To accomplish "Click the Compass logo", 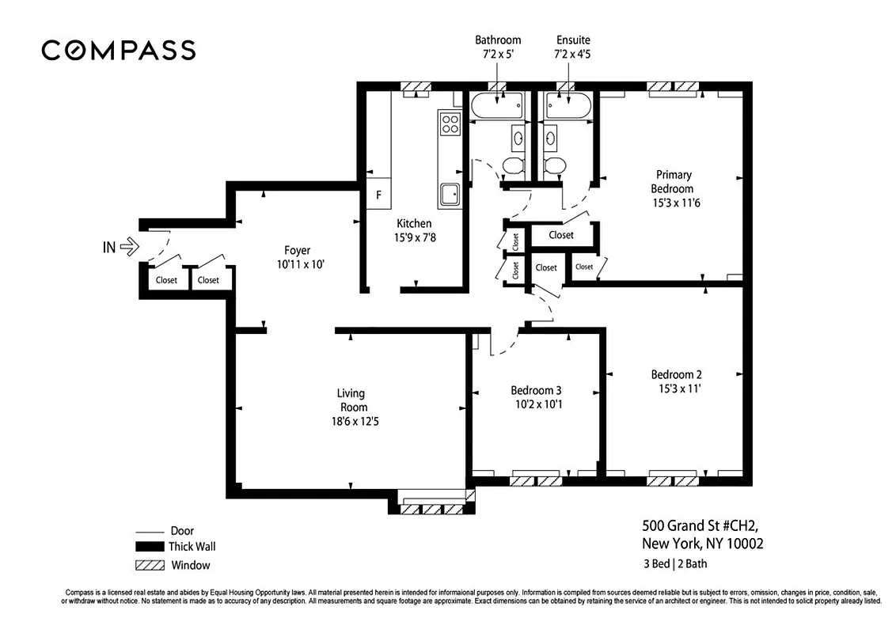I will [x=118, y=51].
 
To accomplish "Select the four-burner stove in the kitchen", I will [x=450, y=123].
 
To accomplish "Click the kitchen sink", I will [x=450, y=194].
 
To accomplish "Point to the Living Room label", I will [x=351, y=400].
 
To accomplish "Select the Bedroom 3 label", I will [x=536, y=390].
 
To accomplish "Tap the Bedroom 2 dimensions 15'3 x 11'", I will [x=680, y=389].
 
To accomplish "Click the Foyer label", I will [x=297, y=251].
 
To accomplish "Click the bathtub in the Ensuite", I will [x=568, y=106].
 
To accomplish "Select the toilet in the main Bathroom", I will [x=514, y=165].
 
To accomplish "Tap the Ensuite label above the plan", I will [x=572, y=40].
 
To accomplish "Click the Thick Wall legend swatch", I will [x=150, y=547].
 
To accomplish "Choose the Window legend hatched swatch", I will [x=150, y=565].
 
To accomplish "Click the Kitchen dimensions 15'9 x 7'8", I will [x=414, y=237].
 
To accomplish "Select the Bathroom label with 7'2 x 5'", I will [x=498, y=47].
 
